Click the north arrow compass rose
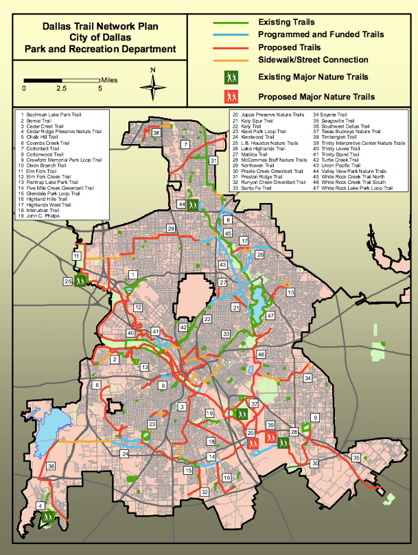coord(154,86)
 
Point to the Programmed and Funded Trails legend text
coord(321,34)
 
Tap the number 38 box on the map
coord(157,132)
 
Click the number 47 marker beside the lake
coord(270,316)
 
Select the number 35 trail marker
coord(356,458)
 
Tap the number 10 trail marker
coord(290,293)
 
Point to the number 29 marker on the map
coord(171,228)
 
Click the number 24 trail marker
coord(125,454)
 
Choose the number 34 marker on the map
coord(308,378)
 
